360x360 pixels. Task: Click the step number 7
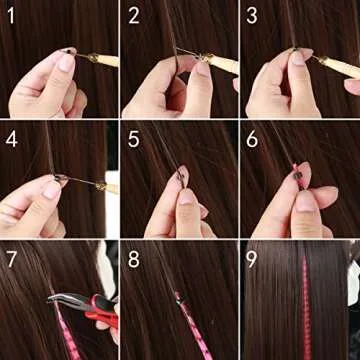13,258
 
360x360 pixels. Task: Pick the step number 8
134,258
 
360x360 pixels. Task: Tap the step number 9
253,258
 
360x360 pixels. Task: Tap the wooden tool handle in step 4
106,187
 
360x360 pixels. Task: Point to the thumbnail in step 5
184,197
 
